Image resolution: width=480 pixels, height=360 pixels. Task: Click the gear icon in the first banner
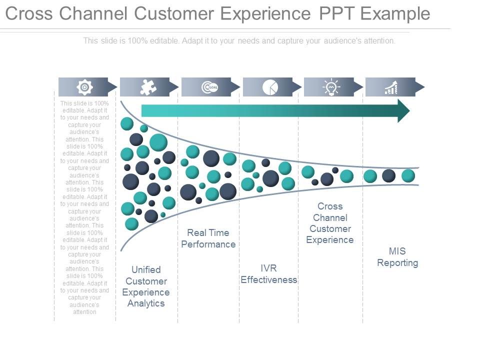[x=84, y=87]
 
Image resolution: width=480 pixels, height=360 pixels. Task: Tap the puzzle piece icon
[x=147, y=87]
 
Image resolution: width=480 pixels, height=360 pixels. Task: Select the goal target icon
[x=209, y=87]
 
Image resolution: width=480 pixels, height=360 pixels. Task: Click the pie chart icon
[x=270, y=87]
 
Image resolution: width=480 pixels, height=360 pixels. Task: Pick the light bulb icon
[x=331, y=87]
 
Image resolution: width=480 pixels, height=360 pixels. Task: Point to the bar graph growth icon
[x=391, y=88]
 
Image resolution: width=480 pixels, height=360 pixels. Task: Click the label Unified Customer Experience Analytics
[x=146, y=286]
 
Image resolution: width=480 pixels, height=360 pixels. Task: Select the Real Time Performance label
[x=208, y=238]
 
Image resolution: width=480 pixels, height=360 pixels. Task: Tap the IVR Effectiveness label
[x=269, y=274]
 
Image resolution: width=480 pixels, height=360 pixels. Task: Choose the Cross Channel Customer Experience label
[x=330, y=223]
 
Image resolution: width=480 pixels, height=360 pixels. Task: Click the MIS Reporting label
[x=397, y=257]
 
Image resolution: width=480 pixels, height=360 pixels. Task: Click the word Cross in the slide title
[x=29, y=13]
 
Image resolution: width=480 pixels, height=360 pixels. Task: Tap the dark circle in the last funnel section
[x=388, y=175]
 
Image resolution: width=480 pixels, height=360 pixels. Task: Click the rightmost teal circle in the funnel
[x=408, y=175]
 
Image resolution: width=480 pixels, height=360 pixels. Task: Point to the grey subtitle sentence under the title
[x=239, y=41]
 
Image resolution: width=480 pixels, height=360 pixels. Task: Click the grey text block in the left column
[x=84, y=207]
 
